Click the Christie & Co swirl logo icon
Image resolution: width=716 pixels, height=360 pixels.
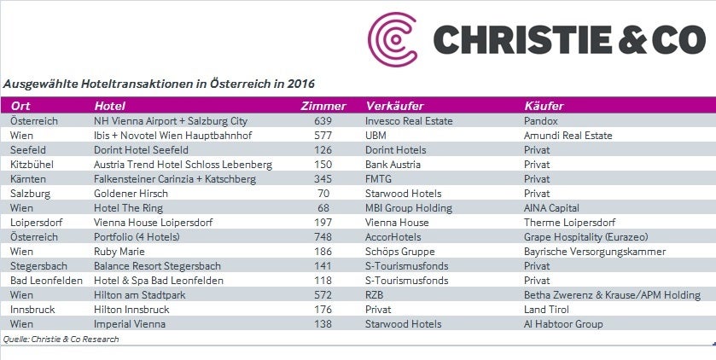394,39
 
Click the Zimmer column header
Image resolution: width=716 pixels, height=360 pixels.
324,106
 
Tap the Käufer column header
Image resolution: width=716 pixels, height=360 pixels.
544,106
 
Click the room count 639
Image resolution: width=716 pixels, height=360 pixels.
323,121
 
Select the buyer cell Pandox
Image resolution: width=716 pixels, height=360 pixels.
542,121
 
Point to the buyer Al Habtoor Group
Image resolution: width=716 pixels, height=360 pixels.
563,324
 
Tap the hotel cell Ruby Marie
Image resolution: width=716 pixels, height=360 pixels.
119,252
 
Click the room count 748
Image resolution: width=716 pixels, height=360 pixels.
323,237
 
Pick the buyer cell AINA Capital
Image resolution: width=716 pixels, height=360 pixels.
551,208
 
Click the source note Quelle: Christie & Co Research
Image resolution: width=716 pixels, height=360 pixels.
61,340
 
